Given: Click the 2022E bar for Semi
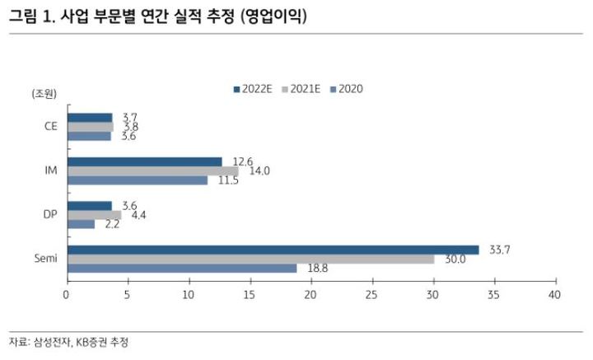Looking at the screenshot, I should click(x=273, y=250).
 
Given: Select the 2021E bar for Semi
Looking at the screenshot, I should click(x=250, y=259).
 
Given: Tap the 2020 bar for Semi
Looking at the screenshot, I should click(x=182, y=268).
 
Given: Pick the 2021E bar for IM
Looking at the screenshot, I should click(x=152, y=171).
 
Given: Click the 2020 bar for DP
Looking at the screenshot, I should click(x=81, y=224).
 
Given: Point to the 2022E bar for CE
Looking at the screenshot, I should click(x=89, y=117).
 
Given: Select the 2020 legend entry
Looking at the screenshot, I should click(x=345, y=89).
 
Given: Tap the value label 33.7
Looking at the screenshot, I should click(x=498, y=249).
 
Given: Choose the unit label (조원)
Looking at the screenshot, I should click(x=44, y=93).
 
